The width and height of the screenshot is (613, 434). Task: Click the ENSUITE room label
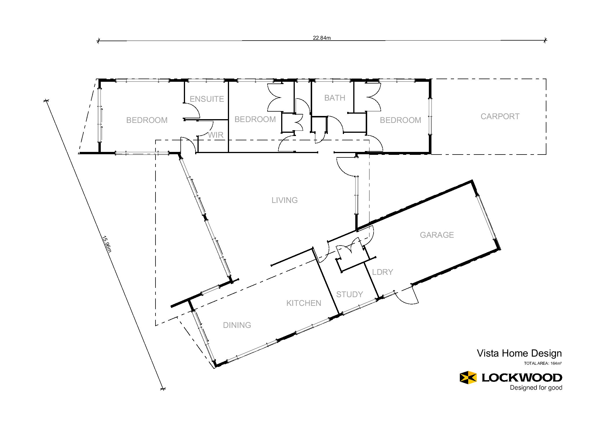click(207, 99)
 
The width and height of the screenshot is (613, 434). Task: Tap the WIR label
click(216, 135)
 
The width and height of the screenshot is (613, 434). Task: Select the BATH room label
click(335, 98)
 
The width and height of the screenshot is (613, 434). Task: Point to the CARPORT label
click(500, 117)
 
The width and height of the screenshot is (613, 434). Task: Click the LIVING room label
click(285, 200)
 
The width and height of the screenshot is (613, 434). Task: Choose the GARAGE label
click(437, 235)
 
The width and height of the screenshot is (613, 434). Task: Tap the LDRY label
click(383, 272)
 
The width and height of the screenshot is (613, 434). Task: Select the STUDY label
click(349, 295)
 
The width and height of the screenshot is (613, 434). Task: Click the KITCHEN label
click(304, 303)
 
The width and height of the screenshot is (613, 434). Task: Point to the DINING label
click(237, 325)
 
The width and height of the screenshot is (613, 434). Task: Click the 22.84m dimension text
click(322, 38)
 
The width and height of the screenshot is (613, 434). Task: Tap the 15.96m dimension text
click(107, 244)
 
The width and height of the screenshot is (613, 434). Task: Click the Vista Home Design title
click(519, 353)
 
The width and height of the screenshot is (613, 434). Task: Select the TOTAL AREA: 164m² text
click(543, 363)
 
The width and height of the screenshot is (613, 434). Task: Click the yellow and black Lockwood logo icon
click(468, 377)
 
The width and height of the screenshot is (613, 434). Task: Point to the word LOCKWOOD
click(522, 377)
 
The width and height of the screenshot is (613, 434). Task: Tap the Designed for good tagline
click(536, 388)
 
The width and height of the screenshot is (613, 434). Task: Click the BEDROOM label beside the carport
click(400, 120)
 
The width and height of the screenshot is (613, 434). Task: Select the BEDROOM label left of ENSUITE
click(147, 120)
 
